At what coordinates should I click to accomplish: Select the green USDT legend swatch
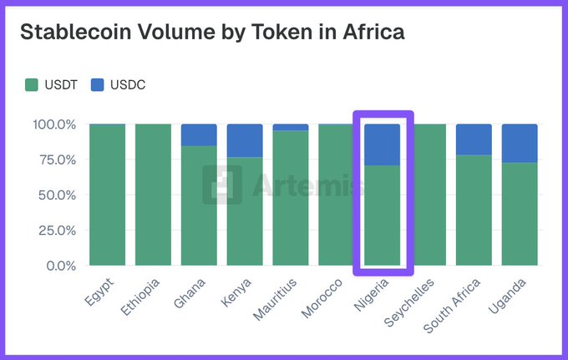click(32, 84)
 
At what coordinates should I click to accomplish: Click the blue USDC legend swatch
click(97, 84)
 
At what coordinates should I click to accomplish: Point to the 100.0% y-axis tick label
click(55, 124)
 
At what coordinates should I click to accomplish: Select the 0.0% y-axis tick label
click(61, 266)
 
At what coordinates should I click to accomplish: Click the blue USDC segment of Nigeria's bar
click(383, 145)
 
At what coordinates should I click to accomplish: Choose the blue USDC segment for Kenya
click(245, 140)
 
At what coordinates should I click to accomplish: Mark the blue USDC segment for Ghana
click(199, 134)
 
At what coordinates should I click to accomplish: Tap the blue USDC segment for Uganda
click(520, 143)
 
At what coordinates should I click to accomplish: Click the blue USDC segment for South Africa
click(474, 139)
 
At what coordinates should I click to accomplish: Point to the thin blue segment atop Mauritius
click(291, 127)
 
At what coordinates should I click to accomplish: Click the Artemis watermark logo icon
click(222, 184)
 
